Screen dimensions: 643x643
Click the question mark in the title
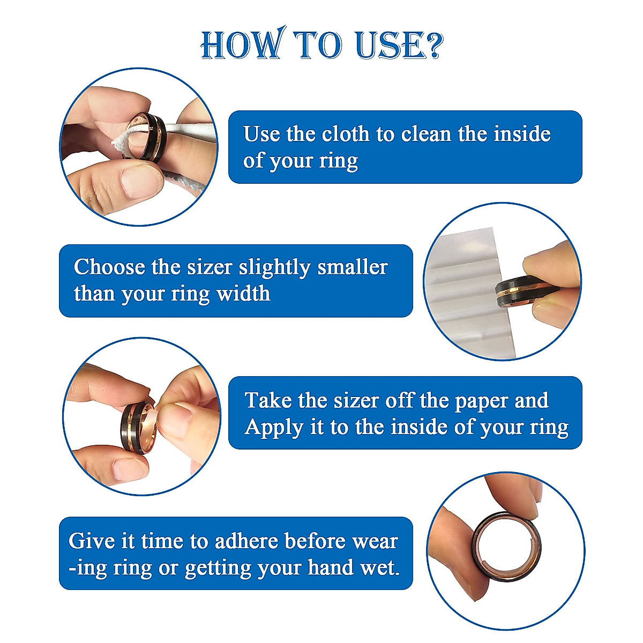(x=431, y=45)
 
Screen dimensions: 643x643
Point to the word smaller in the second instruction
(x=352, y=267)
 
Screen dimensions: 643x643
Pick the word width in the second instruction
(x=243, y=294)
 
